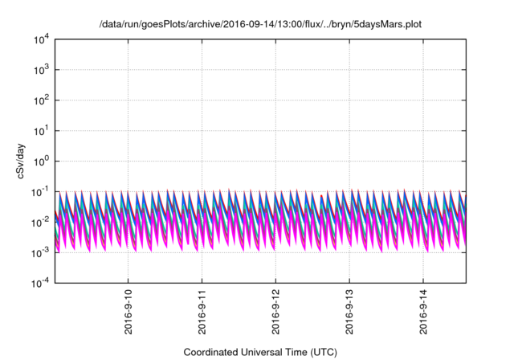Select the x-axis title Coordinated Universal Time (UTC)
tap(260, 352)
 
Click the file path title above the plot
tap(260, 24)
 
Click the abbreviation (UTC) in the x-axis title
tap(322, 352)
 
